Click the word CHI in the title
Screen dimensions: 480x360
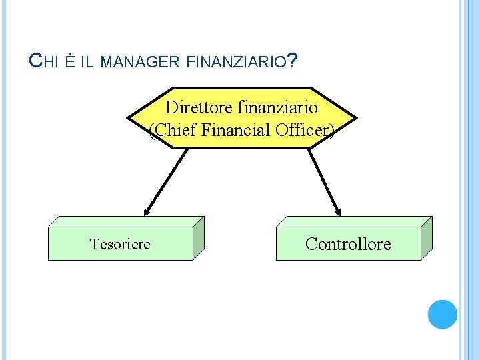click(45, 62)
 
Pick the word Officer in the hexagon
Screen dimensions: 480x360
click(303, 130)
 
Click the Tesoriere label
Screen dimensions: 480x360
click(120, 244)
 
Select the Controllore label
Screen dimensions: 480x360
click(348, 244)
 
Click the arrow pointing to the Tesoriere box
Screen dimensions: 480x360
click(165, 181)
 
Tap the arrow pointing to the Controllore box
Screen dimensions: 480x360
click(325, 181)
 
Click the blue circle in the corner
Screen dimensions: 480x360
click(442, 314)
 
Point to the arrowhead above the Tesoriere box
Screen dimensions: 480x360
click(147, 211)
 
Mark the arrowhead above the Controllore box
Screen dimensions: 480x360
click(338, 211)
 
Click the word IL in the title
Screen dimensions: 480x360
click(87, 63)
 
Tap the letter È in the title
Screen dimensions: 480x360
click(71, 62)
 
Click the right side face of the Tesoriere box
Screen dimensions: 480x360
click(198, 238)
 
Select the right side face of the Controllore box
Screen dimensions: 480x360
click(426, 238)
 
